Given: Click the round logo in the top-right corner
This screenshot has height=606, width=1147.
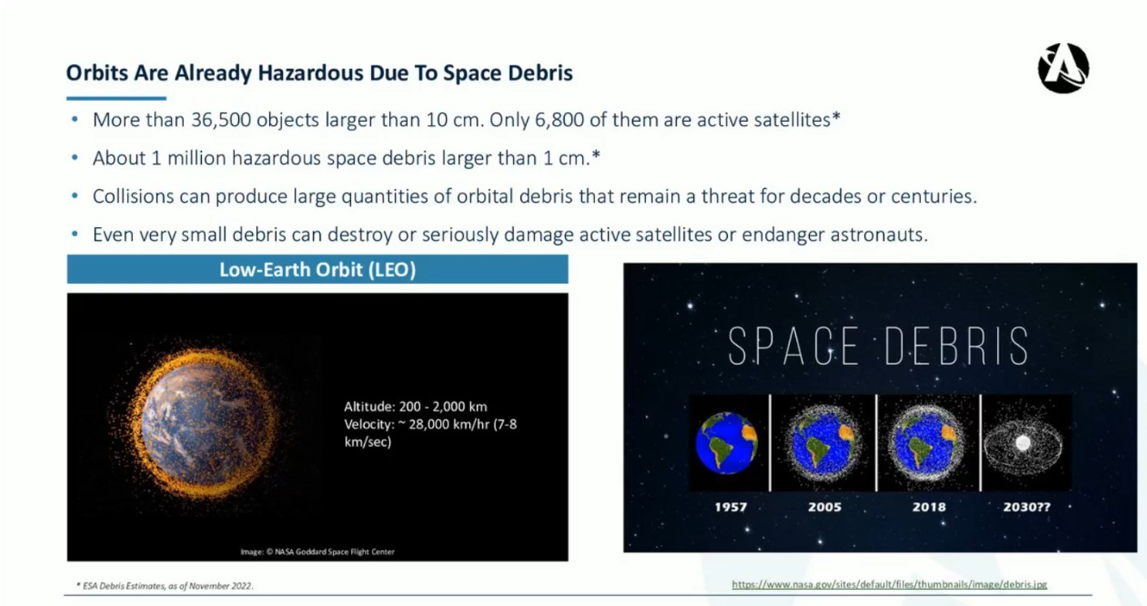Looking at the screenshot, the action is (x=1064, y=68).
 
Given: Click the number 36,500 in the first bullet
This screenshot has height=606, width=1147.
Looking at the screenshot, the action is (x=221, y=120).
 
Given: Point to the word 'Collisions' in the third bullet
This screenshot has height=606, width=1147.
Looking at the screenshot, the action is (x=133, y=196).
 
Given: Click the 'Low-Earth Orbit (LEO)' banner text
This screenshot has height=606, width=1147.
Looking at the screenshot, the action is (x=318, y=269).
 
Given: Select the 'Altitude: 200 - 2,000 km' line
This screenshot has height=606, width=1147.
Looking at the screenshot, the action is (x=415, y=406).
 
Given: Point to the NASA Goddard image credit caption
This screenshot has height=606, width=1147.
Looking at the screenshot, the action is (x=318, y=552).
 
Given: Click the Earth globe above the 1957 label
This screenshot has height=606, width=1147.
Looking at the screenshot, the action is (x=726, y=443).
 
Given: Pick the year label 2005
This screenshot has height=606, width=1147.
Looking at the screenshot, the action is (x=824, y=506).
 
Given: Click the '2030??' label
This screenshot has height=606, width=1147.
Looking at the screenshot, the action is (x=1026, y=506).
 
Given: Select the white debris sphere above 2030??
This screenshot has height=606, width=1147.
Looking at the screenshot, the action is (x=1023, y=443).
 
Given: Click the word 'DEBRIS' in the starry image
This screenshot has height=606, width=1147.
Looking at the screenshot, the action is (x=957, y=346).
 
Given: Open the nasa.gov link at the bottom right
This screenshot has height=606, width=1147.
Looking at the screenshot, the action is (x=889, y=584).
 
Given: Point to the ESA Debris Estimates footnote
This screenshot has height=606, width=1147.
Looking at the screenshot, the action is (x=165, y=586).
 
